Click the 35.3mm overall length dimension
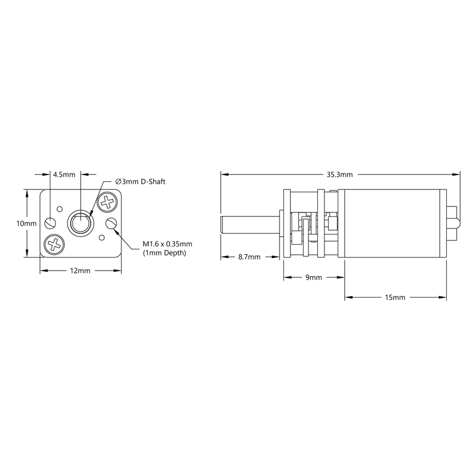click(x=340, y=175)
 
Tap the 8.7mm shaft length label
click(x=249, y=256)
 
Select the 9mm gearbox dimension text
click(x=313, y=278)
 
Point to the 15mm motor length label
click(x=395, y=298)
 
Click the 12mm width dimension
click(x=80, y=271)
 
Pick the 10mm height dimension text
click(x=26, y=223)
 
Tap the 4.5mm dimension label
click(x=64, y=175)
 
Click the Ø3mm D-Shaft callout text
click(x=140, y=182)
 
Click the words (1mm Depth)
click(x=165, y=253)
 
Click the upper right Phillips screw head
click(x=108, y=203)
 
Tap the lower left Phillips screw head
click(x=54, y=244)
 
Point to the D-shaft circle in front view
click(x=80, y=223)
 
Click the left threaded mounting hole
click(x=51, y=223)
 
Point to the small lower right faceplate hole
click(x=102, y=237)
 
